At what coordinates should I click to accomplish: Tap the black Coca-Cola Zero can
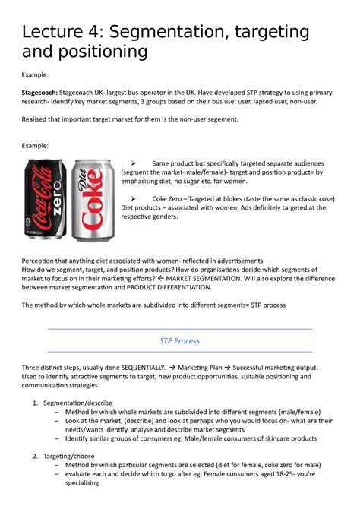(46, 194)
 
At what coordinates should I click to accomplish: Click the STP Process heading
(179, 340)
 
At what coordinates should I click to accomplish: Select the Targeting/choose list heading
(72, 455)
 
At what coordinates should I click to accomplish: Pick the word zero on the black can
(46, 205)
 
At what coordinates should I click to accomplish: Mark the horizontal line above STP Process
(179, 329)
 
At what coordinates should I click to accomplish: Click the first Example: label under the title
(35, 75)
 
